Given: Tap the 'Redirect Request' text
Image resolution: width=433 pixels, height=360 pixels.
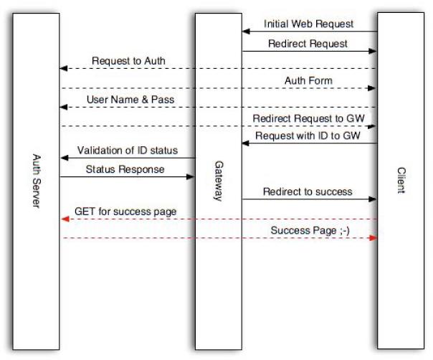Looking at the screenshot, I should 308,44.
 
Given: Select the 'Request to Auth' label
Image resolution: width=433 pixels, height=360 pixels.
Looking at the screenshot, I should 128,61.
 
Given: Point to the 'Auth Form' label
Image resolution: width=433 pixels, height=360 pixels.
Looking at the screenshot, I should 308,81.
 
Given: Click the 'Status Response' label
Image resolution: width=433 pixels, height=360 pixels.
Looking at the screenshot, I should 125,169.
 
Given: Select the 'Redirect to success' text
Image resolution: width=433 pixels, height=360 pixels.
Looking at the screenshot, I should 308,191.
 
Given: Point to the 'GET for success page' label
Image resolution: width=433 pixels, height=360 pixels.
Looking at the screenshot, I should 125,212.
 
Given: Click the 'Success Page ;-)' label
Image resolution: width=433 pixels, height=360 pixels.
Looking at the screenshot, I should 310,230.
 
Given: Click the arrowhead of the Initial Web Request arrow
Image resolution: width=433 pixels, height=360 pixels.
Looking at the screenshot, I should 245,32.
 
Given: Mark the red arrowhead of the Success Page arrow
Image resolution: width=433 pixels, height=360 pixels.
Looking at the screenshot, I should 373,238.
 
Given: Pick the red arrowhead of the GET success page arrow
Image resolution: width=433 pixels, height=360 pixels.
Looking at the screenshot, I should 63,219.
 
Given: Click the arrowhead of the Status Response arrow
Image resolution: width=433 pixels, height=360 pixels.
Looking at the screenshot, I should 191,176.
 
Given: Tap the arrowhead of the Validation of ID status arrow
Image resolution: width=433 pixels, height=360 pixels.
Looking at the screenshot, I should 63,158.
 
